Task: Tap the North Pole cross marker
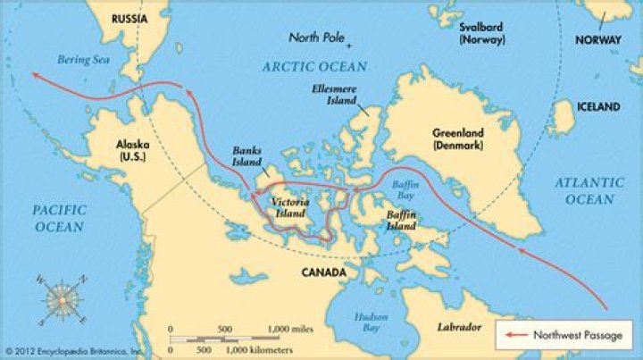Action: pos(350,45)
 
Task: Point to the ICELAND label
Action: pos(597,106)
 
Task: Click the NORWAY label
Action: pos(597,40)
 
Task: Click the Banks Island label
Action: pos(246,157)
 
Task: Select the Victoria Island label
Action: pos(291,208)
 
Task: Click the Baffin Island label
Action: pos(399,221)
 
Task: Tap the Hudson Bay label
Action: pos(370,321)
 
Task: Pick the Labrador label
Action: pos(458,327)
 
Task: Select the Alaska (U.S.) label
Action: pos(132,148)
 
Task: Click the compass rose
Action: pos(61,300)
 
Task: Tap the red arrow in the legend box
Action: pos(515,335)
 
